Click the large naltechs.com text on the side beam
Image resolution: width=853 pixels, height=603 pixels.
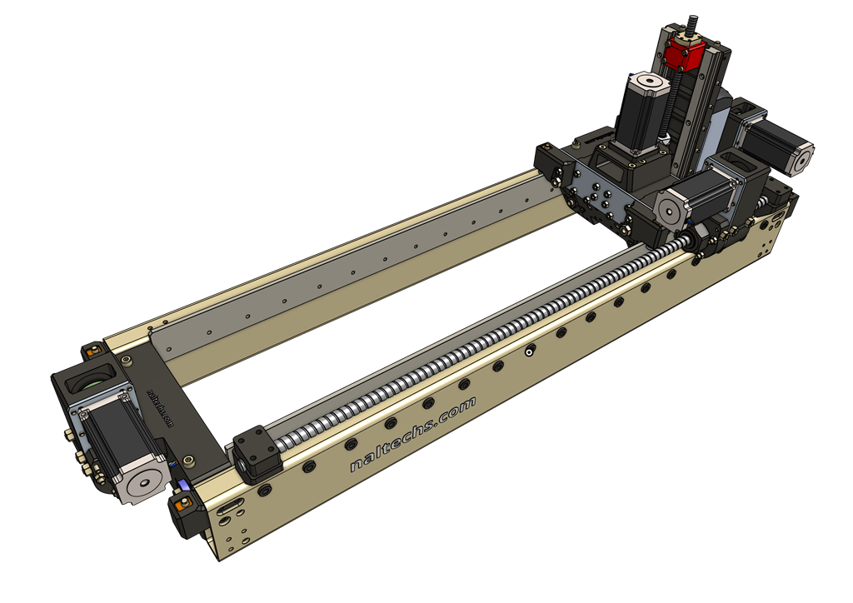tap(412, 433)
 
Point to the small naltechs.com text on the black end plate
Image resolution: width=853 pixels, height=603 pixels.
tap(160, 407)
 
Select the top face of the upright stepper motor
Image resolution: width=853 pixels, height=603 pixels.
tap(648, 82)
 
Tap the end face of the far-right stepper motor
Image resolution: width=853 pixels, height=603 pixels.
tap(802, 158)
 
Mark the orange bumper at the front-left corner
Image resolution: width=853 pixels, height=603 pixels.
tap(181, 503)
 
